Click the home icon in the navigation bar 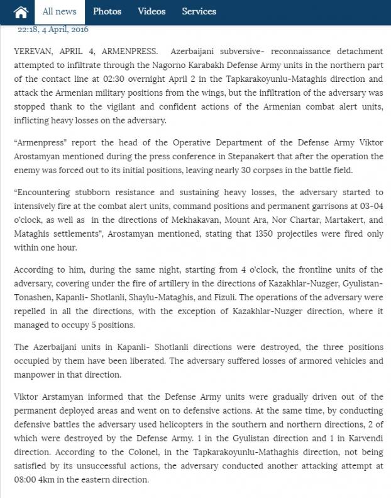click(21, 12)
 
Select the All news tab click(60, 11)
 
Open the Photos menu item click(107, 11)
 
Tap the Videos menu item click(151, 11)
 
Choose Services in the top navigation click(199, 11)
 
